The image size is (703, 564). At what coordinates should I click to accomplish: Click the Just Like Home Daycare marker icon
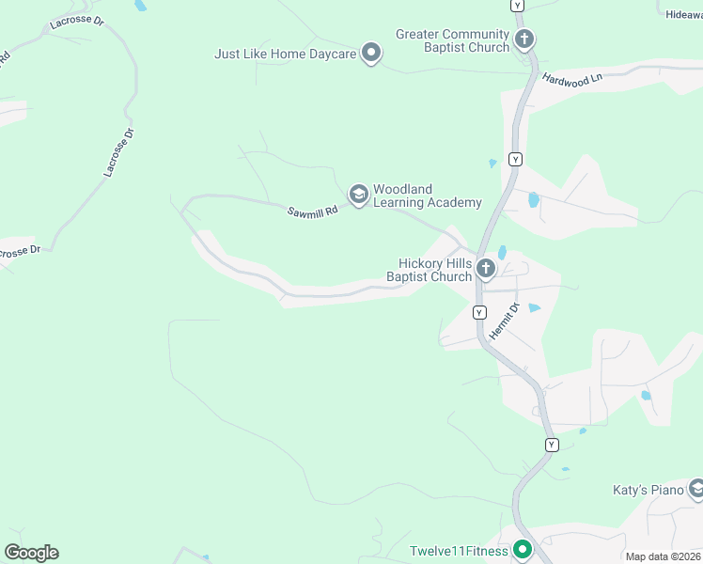point(371,53)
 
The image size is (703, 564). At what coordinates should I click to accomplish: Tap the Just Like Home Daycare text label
point(286,55)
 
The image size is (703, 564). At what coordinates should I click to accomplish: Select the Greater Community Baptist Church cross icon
point(524,39)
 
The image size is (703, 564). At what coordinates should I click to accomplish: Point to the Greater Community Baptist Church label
point(452,41)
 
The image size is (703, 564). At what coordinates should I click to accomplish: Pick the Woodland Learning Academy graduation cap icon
point(358,195)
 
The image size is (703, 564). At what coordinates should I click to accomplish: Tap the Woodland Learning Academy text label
point(427,196)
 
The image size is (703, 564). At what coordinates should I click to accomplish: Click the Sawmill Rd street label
point(312,213)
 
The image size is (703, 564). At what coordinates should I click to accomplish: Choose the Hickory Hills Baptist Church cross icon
point(486,270)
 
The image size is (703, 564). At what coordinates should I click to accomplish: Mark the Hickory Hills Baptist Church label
point(429,271)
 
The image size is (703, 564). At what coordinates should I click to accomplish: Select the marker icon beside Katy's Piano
point(696,489)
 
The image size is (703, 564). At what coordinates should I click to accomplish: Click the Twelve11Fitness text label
point(459,551)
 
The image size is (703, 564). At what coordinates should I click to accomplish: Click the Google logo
point(31,553)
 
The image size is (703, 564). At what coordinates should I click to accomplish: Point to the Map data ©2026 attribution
point(664,556)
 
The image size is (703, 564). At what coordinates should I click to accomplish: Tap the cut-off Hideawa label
point(683,15)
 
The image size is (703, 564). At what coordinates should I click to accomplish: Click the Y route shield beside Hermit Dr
point(479,312)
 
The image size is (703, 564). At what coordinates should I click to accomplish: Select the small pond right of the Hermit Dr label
point(534,307)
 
